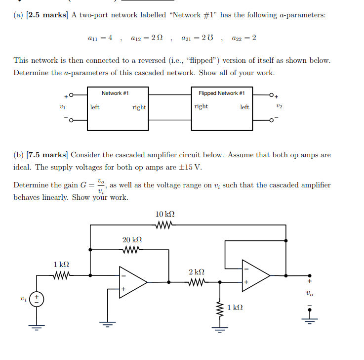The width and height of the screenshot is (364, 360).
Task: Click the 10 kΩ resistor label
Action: click(x=164, y=214)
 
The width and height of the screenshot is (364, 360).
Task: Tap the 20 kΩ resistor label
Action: click(x=132, y=240)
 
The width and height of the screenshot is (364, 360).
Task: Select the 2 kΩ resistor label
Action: click(x=196, y=272)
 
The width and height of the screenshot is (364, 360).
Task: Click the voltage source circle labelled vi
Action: click(x=37, y=299)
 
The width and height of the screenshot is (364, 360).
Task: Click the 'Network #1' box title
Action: click(x=115, y=93)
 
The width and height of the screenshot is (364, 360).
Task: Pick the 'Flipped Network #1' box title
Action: click(x=221, y=93)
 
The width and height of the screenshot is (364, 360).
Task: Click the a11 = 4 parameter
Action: click(x=100, y=38)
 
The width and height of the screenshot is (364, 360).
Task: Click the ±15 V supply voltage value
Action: click(x=190, y=167)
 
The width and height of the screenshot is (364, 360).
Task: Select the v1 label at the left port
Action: click(x=62, y=107)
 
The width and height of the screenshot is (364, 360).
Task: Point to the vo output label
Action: click(x=310, y=293)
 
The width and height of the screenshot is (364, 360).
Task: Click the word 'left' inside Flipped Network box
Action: click(x=244, y=107)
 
